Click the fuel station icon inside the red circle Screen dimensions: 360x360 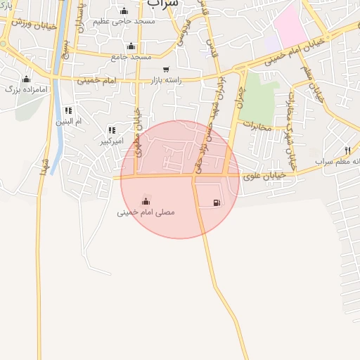click(215, 203)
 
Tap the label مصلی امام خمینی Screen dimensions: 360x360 click(146, 212)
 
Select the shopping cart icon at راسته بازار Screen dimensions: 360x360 click(166, 70)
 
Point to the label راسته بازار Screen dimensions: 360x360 click(166, 80)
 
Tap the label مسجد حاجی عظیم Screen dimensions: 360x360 click(124, 22)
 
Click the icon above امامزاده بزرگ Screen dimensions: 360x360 click(27, 79)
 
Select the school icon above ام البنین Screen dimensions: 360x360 click(68, 110)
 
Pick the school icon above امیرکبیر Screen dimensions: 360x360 click(112, 130)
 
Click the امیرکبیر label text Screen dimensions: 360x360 click(112, 141)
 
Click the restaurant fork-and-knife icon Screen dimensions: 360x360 click(347, 150)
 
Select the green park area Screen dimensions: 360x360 click(256, 95)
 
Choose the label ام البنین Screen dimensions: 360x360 click(69, 122)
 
